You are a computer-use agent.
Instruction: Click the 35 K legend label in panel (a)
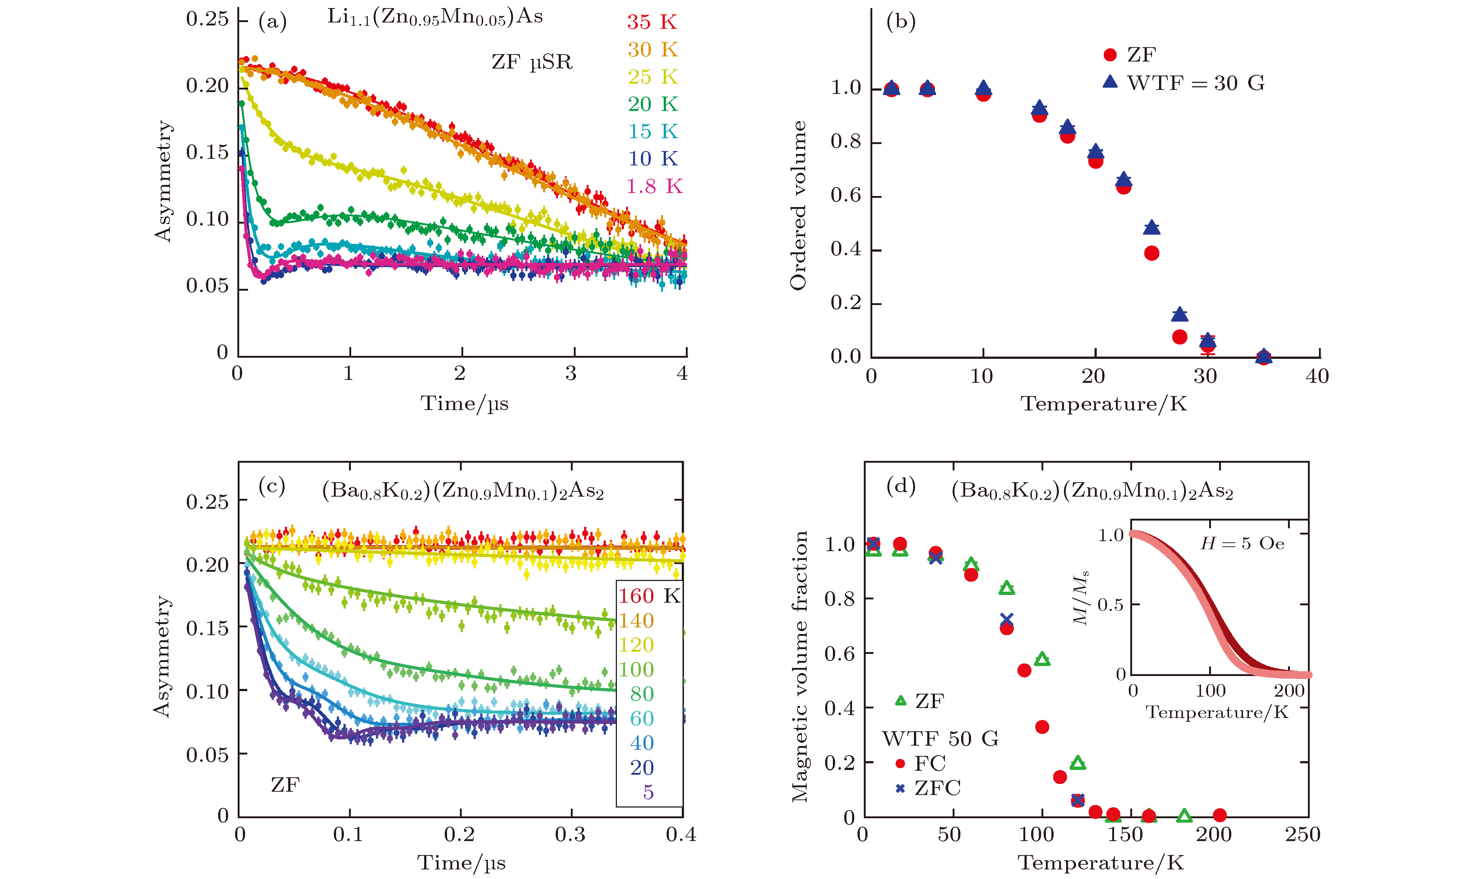tap(652, 22)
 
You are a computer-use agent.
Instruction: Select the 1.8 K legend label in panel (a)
tap(654, 186)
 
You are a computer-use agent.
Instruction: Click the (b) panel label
tap(901, 21)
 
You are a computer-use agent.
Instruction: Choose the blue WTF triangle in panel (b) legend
tap(1110, 82)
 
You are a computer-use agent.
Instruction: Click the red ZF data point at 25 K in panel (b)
tap(1151, 253)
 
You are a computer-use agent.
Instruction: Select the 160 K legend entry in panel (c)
tap(649, 596)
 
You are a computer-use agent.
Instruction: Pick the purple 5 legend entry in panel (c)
tap(648, 792)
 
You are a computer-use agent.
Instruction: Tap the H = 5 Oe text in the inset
tap(1242, 544)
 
